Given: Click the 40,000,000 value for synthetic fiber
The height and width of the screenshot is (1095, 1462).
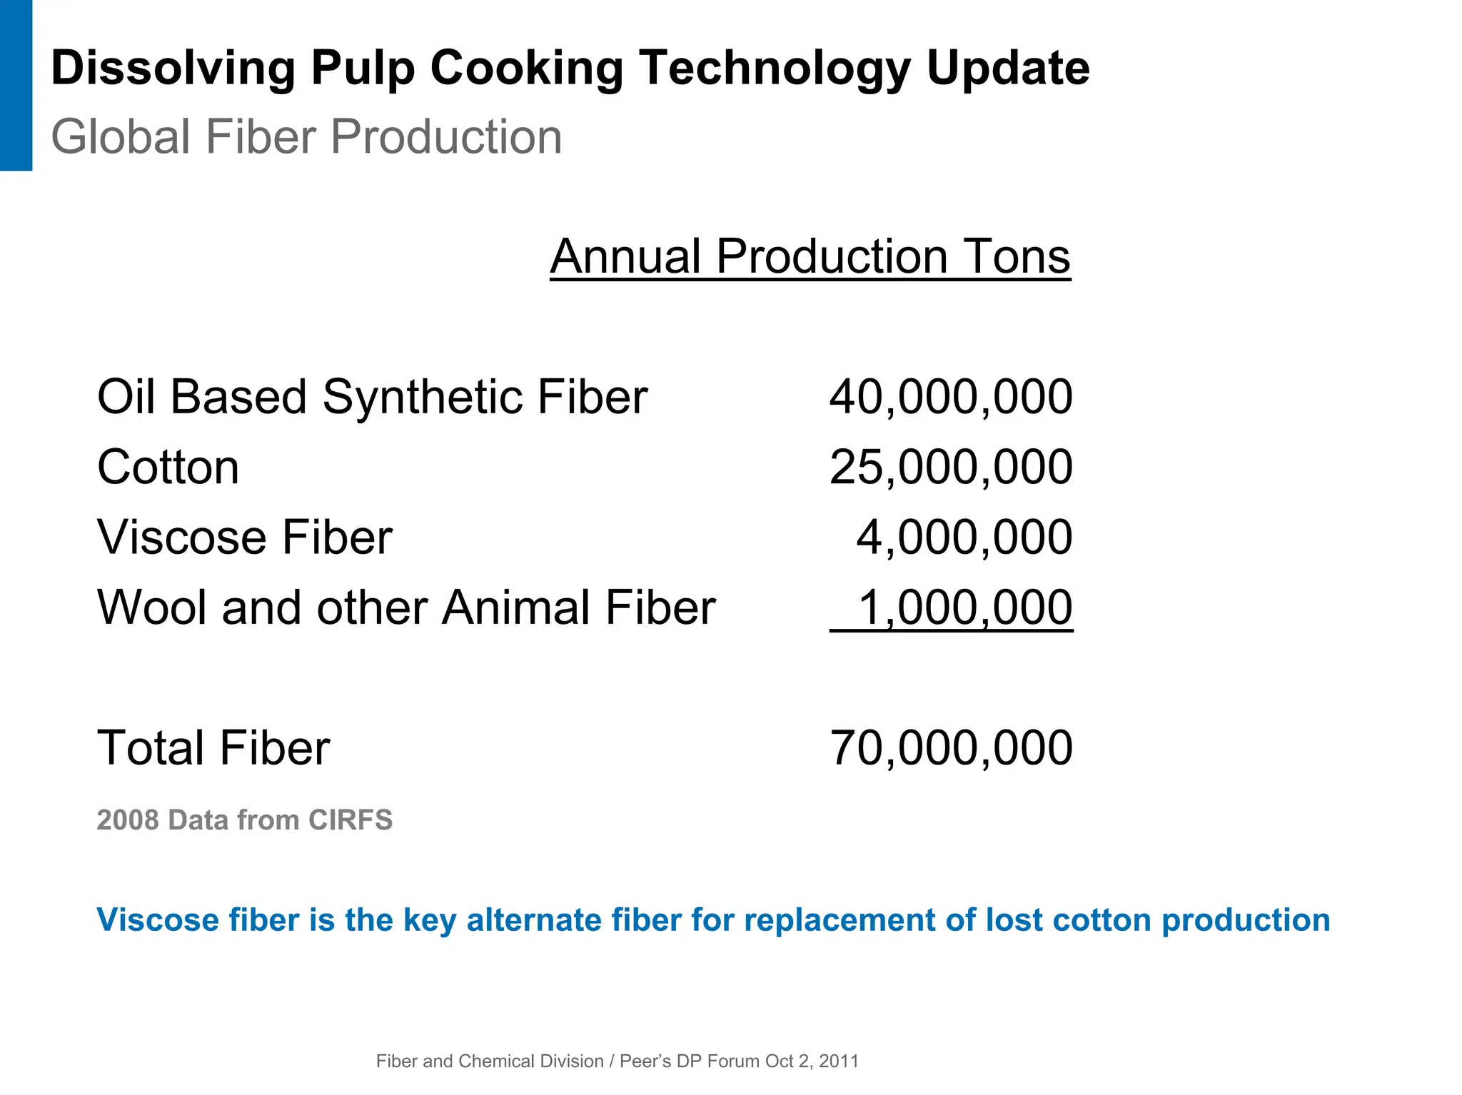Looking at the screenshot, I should [951, 397].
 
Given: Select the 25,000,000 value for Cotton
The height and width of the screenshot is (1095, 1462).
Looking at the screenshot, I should [951, 468].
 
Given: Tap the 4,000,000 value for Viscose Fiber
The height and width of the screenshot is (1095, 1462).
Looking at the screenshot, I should [964, 538].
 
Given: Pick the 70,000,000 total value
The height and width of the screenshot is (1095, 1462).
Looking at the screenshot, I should [951, 748].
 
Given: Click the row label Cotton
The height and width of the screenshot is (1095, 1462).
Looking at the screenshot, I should [168, 468].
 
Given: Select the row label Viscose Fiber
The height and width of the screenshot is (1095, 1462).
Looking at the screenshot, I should [244, 538].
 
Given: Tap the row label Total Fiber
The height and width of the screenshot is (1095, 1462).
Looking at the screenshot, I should [213, 748].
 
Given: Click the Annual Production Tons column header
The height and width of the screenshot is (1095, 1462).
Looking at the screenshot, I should [810, 256].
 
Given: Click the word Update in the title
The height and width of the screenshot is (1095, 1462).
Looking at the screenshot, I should [1008, 69].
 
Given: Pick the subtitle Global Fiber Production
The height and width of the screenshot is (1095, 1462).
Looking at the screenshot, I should [306, 136].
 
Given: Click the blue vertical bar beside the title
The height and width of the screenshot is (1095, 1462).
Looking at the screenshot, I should [16, 85].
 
